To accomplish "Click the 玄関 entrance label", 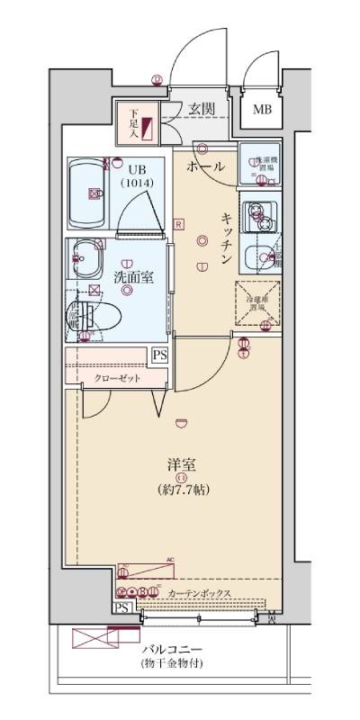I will [x=202, y=109].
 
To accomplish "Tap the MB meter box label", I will [x=261, y=111].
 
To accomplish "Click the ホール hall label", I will [x=206, y=167].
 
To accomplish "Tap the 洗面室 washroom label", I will [x=132, y=278].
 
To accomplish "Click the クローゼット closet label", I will [x=118, y=379].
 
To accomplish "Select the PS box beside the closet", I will [x=159, y=355].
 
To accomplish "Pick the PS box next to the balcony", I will [x=121, y=607].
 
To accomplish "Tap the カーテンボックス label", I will [x=200, y=593].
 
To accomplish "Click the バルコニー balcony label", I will [x=172, y=649].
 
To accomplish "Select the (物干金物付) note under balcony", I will [x=172, y=664].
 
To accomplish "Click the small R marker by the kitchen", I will [x=179, y=223].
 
